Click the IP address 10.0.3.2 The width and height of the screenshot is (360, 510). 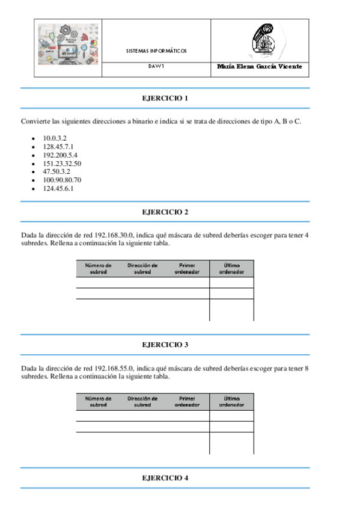(x=54, y=138)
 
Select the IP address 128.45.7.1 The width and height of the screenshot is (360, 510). (x=58, y=147)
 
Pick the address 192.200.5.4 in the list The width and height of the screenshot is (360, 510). (x=59, y=155)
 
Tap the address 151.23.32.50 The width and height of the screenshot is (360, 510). (x=62, y=164)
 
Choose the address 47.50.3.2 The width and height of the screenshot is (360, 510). (x=56, y=171)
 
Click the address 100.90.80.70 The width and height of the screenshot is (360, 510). (x=62, y=180)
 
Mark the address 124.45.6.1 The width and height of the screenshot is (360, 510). (x=58, y=188)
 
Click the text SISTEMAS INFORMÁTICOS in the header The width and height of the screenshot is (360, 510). (x=156, y=51)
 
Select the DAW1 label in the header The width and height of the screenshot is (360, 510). (x=156, y=67)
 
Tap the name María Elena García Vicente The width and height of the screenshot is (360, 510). (x=260, y=67)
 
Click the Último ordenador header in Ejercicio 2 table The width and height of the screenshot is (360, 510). (x=231, y=268)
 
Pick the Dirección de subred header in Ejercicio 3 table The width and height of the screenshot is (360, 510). (x=142, y=401)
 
